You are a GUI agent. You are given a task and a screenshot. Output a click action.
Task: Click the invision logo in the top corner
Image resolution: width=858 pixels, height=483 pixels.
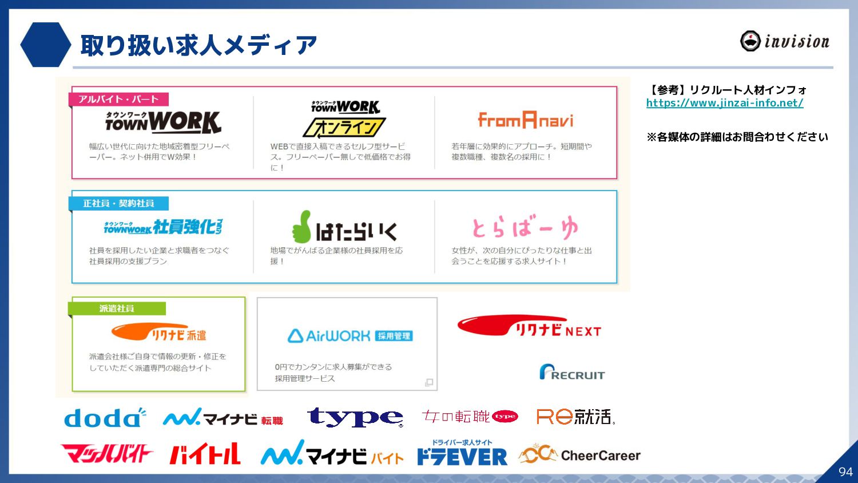[x=784, y=41]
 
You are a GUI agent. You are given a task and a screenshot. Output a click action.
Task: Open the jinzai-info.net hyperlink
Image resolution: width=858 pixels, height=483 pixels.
[x=725, y=103]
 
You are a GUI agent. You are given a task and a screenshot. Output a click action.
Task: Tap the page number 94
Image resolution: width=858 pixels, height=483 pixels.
[x=845, y=472]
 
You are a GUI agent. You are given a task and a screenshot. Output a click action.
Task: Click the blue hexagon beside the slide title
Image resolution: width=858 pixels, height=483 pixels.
[x=45, y=45]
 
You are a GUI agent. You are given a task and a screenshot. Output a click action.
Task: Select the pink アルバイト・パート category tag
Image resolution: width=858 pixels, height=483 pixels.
[x=118, y=99]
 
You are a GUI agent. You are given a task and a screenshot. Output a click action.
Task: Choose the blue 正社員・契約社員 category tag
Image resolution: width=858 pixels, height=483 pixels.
[x=118, y=203]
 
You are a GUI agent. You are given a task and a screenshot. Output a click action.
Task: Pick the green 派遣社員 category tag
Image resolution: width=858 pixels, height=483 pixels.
[x=117, y=308]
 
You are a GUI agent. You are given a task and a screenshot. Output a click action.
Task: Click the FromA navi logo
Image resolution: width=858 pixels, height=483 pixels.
[x=525, y=120]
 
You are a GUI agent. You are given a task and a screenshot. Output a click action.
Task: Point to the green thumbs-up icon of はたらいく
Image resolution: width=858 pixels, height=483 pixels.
[x=301, y=227]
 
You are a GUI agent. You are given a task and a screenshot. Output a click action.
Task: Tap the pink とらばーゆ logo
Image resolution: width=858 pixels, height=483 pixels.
[x=525, y=228]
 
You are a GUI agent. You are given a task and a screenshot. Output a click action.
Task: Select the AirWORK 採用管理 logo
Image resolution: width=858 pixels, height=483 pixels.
[x=350, y=336]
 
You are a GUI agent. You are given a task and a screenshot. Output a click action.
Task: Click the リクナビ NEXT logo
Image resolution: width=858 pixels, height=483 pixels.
[x=529, y=327]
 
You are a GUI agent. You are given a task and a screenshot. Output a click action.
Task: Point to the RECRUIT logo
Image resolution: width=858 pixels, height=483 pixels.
[x=571, y=373]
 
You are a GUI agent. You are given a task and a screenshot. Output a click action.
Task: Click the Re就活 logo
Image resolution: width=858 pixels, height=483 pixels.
[x=575, y=417]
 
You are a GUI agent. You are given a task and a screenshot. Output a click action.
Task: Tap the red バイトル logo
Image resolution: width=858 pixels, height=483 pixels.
[x=205, y=454]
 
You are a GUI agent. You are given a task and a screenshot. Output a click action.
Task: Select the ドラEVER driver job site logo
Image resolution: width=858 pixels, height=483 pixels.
[x=462, y=453]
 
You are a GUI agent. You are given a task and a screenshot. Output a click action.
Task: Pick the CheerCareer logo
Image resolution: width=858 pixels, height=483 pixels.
[x=579, y=455]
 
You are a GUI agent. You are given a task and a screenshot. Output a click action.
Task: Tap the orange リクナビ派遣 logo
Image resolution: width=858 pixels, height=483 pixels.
[x=158, y=332]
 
